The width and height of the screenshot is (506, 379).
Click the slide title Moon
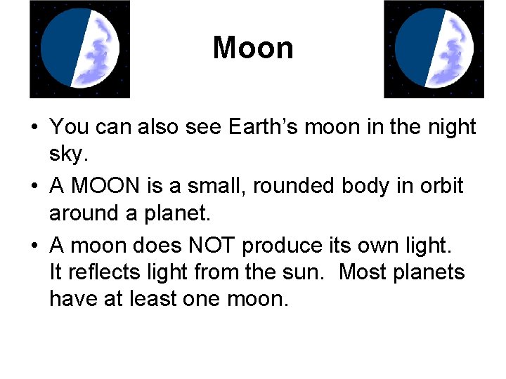(253, 48)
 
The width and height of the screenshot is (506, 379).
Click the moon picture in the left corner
(79, 48)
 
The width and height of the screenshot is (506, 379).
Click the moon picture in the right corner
(434, 48)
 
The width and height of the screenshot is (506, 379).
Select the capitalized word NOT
(209, 246)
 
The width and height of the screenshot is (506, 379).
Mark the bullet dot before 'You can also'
(34, 128)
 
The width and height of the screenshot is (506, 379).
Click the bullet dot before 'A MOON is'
(34, 187)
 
